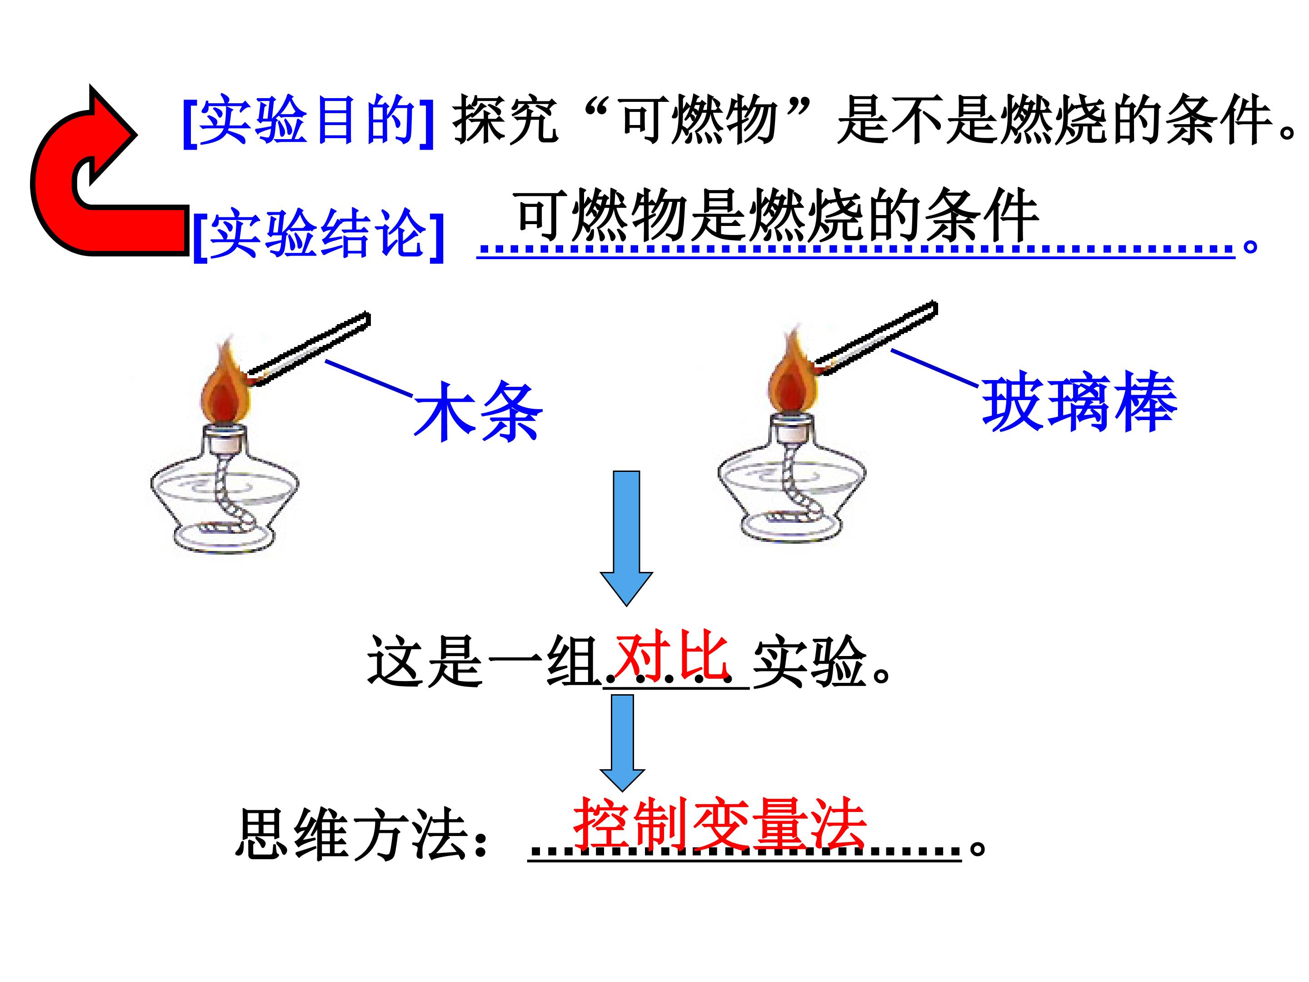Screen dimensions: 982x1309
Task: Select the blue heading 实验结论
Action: (318, 234)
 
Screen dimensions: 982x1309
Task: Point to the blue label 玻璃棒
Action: (1079, 402)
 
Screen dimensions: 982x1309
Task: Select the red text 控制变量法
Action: (719, 823)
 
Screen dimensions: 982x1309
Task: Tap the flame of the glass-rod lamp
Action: (791, 379)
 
